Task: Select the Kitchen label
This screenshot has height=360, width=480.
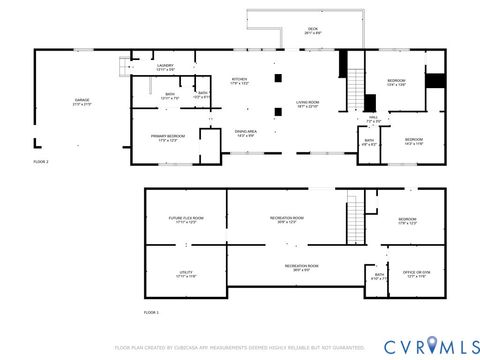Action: (x=240, y=81)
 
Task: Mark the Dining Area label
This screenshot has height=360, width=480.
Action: (x=246, y=133)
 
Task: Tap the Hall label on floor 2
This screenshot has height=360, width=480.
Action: (x=372, y=119)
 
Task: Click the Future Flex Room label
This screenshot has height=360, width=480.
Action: (x=186, y=220)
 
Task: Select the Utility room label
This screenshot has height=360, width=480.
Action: (x=186, y=274)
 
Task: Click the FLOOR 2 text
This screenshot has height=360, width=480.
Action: (x=41, y=161)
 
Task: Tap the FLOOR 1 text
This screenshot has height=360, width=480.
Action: (x=151, y=313)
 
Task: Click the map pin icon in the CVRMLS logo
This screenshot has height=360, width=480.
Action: (x=432, y=346)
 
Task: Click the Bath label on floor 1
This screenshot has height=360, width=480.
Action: (x=379, y=276)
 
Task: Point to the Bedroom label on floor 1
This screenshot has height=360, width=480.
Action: (x=407, y=220)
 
